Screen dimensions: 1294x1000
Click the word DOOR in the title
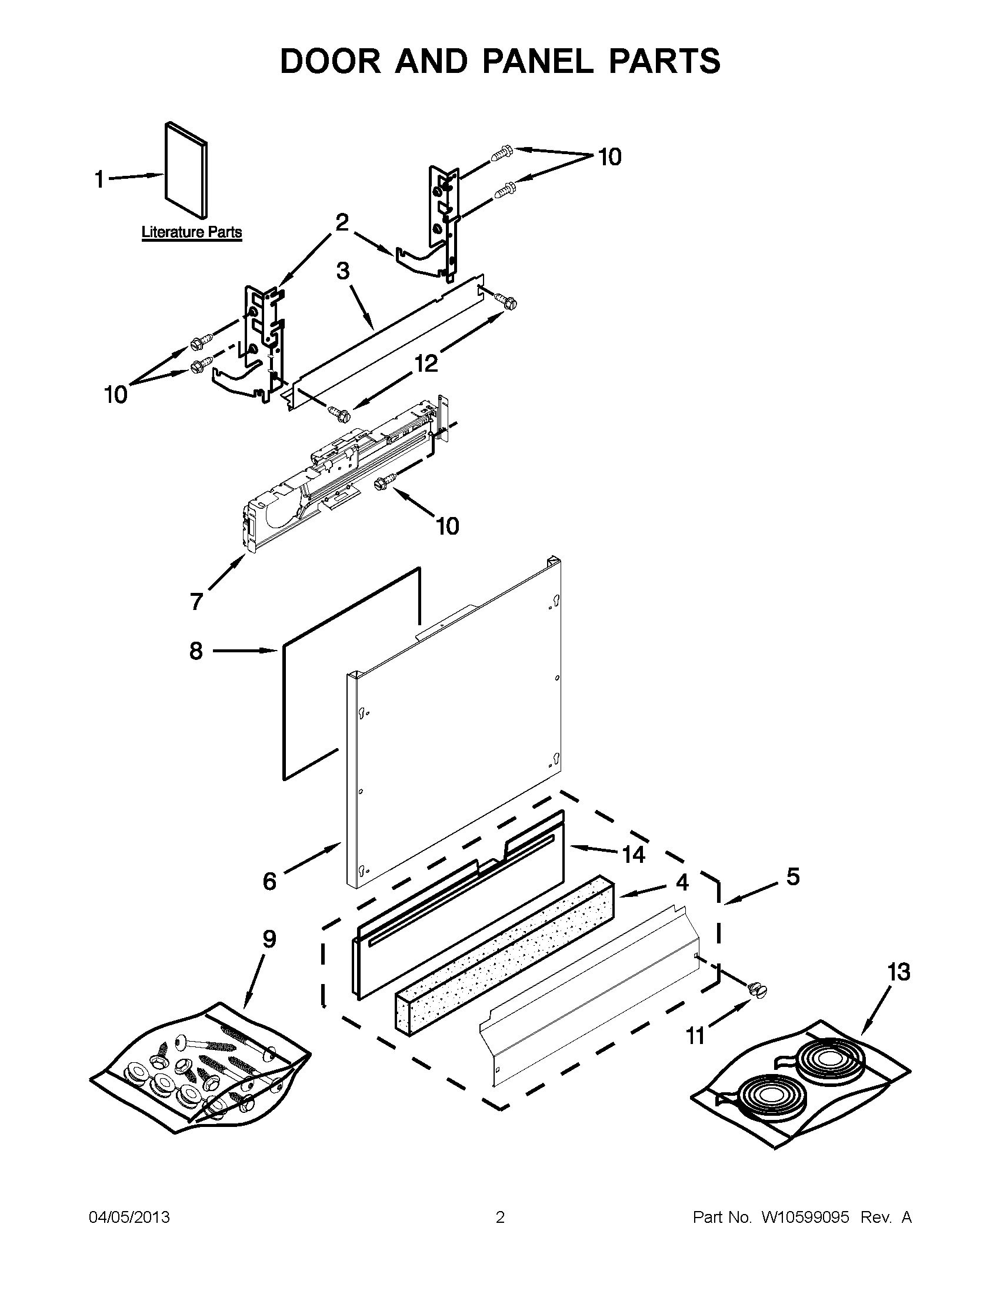331,61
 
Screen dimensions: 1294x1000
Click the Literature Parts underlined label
191,232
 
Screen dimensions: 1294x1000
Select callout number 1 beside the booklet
99,178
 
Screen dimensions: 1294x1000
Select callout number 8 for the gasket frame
196,651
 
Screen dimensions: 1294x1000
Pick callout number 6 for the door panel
269,881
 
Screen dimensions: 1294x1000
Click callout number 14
634,855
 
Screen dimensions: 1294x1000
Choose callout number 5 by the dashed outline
793,876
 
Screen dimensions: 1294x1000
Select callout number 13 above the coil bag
898,972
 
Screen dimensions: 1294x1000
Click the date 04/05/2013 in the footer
129,1217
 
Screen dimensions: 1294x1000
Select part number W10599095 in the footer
805,1217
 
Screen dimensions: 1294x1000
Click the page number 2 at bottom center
499,1217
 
